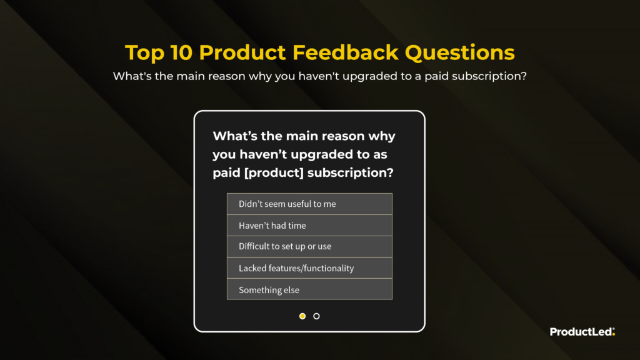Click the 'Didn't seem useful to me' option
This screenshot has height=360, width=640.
tap(309, 204)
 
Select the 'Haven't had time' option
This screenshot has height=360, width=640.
tap(309, 225)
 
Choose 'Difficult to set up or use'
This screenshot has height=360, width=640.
tap(309, 246)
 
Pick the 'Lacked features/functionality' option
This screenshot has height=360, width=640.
tap(309, 267)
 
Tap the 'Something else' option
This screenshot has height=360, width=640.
tap(309, 289)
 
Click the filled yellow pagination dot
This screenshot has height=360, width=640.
tap(302, 316)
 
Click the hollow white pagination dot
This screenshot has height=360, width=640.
tap(316, 316)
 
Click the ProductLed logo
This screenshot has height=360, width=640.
tap(582, 332)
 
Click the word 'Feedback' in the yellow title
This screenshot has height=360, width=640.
tap(345, 52)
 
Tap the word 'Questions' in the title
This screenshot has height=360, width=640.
tap(459, 53)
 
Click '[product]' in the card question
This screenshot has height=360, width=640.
tap(274, 172)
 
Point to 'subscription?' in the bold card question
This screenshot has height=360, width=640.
tap(351, 173)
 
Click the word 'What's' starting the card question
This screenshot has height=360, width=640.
tap(235, 136)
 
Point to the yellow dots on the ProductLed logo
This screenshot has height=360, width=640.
tap(614, 331)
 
